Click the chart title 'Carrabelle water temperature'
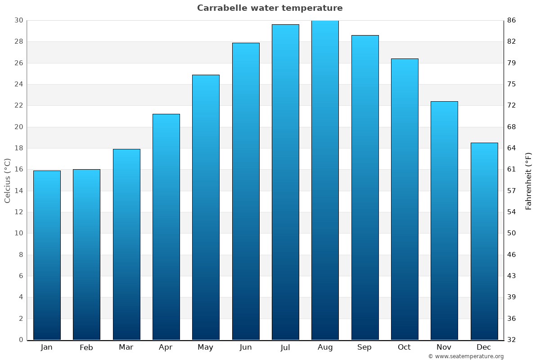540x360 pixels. tap(270, 8)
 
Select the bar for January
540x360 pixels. tap(47, 255)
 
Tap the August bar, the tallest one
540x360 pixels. tap(325, 180)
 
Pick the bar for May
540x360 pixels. tap(206, 207)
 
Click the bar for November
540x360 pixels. tap(444, 220)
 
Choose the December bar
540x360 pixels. tap(484, 241)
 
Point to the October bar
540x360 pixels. tap(405, 199)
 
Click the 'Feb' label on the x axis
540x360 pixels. tap(86, 347)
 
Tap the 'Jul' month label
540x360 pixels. tap(285, 347)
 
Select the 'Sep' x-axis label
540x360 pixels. tap(364, 347)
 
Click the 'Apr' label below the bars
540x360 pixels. tap(166, 347)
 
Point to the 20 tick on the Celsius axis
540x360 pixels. tap(18, 127)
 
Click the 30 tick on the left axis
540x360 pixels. tap(18, 20)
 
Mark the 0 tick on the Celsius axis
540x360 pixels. tap(21, 340)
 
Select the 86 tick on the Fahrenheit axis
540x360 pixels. tap(512, 20)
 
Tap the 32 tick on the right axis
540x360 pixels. tap(512, 340)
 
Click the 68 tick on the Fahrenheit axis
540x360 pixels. tap(512, 127)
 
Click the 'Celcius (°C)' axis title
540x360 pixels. tap(7, 180)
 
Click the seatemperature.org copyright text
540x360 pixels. tap(466, 356)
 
